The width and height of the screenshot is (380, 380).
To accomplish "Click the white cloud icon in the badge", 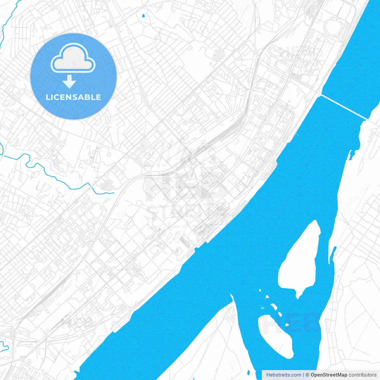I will coord(73,58).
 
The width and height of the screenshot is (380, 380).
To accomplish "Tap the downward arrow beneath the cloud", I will coord(69,82).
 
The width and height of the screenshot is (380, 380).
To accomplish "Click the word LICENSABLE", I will coord(73,97).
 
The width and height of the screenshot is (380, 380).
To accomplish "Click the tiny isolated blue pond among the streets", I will coord(143,15).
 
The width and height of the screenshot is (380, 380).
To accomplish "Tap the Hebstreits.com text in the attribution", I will coord(284,375).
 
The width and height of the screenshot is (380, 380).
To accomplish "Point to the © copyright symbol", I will coord(308,375).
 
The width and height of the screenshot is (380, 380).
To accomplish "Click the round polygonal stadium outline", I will coord(335,26).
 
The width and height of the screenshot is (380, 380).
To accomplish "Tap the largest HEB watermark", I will coord(184,186).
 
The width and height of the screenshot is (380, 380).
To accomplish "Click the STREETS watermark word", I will coord(186,211).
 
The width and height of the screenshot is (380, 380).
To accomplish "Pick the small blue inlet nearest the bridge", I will coord(352,154).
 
